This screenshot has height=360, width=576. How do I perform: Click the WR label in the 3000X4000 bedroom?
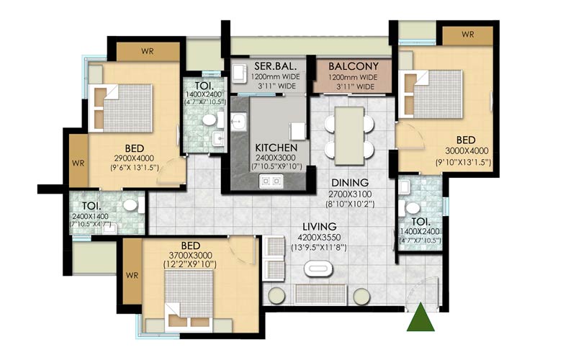[467, 34]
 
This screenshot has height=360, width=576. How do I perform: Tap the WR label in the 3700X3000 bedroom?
[131, 274]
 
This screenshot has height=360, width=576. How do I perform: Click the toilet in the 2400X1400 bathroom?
[130, 205]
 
